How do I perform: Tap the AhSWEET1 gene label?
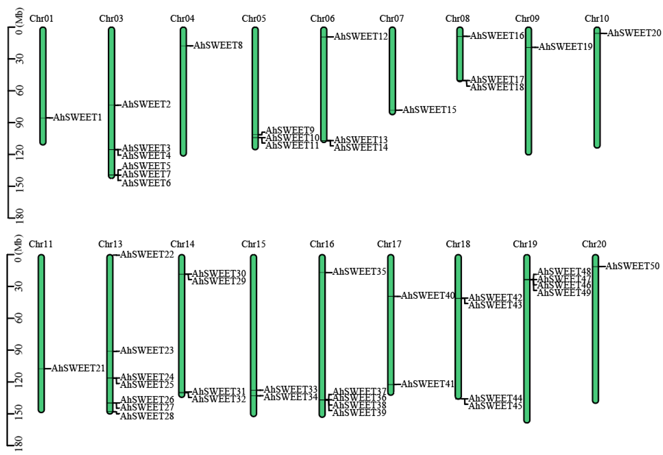click(x=77, y=117)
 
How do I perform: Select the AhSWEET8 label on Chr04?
click(x=218, y=45)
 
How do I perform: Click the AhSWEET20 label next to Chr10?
click(x=634, y=33)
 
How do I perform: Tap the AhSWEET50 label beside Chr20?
click(x=633, y=266)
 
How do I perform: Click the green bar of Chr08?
click(x=460, y=54)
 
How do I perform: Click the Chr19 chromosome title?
click(x=525, y=244)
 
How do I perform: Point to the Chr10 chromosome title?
click(x=597, y=19)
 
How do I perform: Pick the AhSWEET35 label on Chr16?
click(x=359, y=271)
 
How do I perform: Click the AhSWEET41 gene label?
click(x=427, y=384)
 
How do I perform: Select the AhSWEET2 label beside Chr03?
click(x=146, y=104)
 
